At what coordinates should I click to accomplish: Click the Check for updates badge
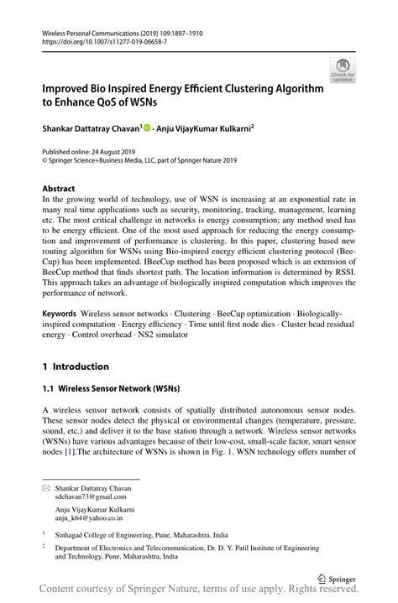click(343, 70)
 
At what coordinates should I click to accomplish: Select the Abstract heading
click(59, 189)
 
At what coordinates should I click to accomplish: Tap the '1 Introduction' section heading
click(76, 366)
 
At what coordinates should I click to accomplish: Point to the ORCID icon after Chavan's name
click(146, 128)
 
